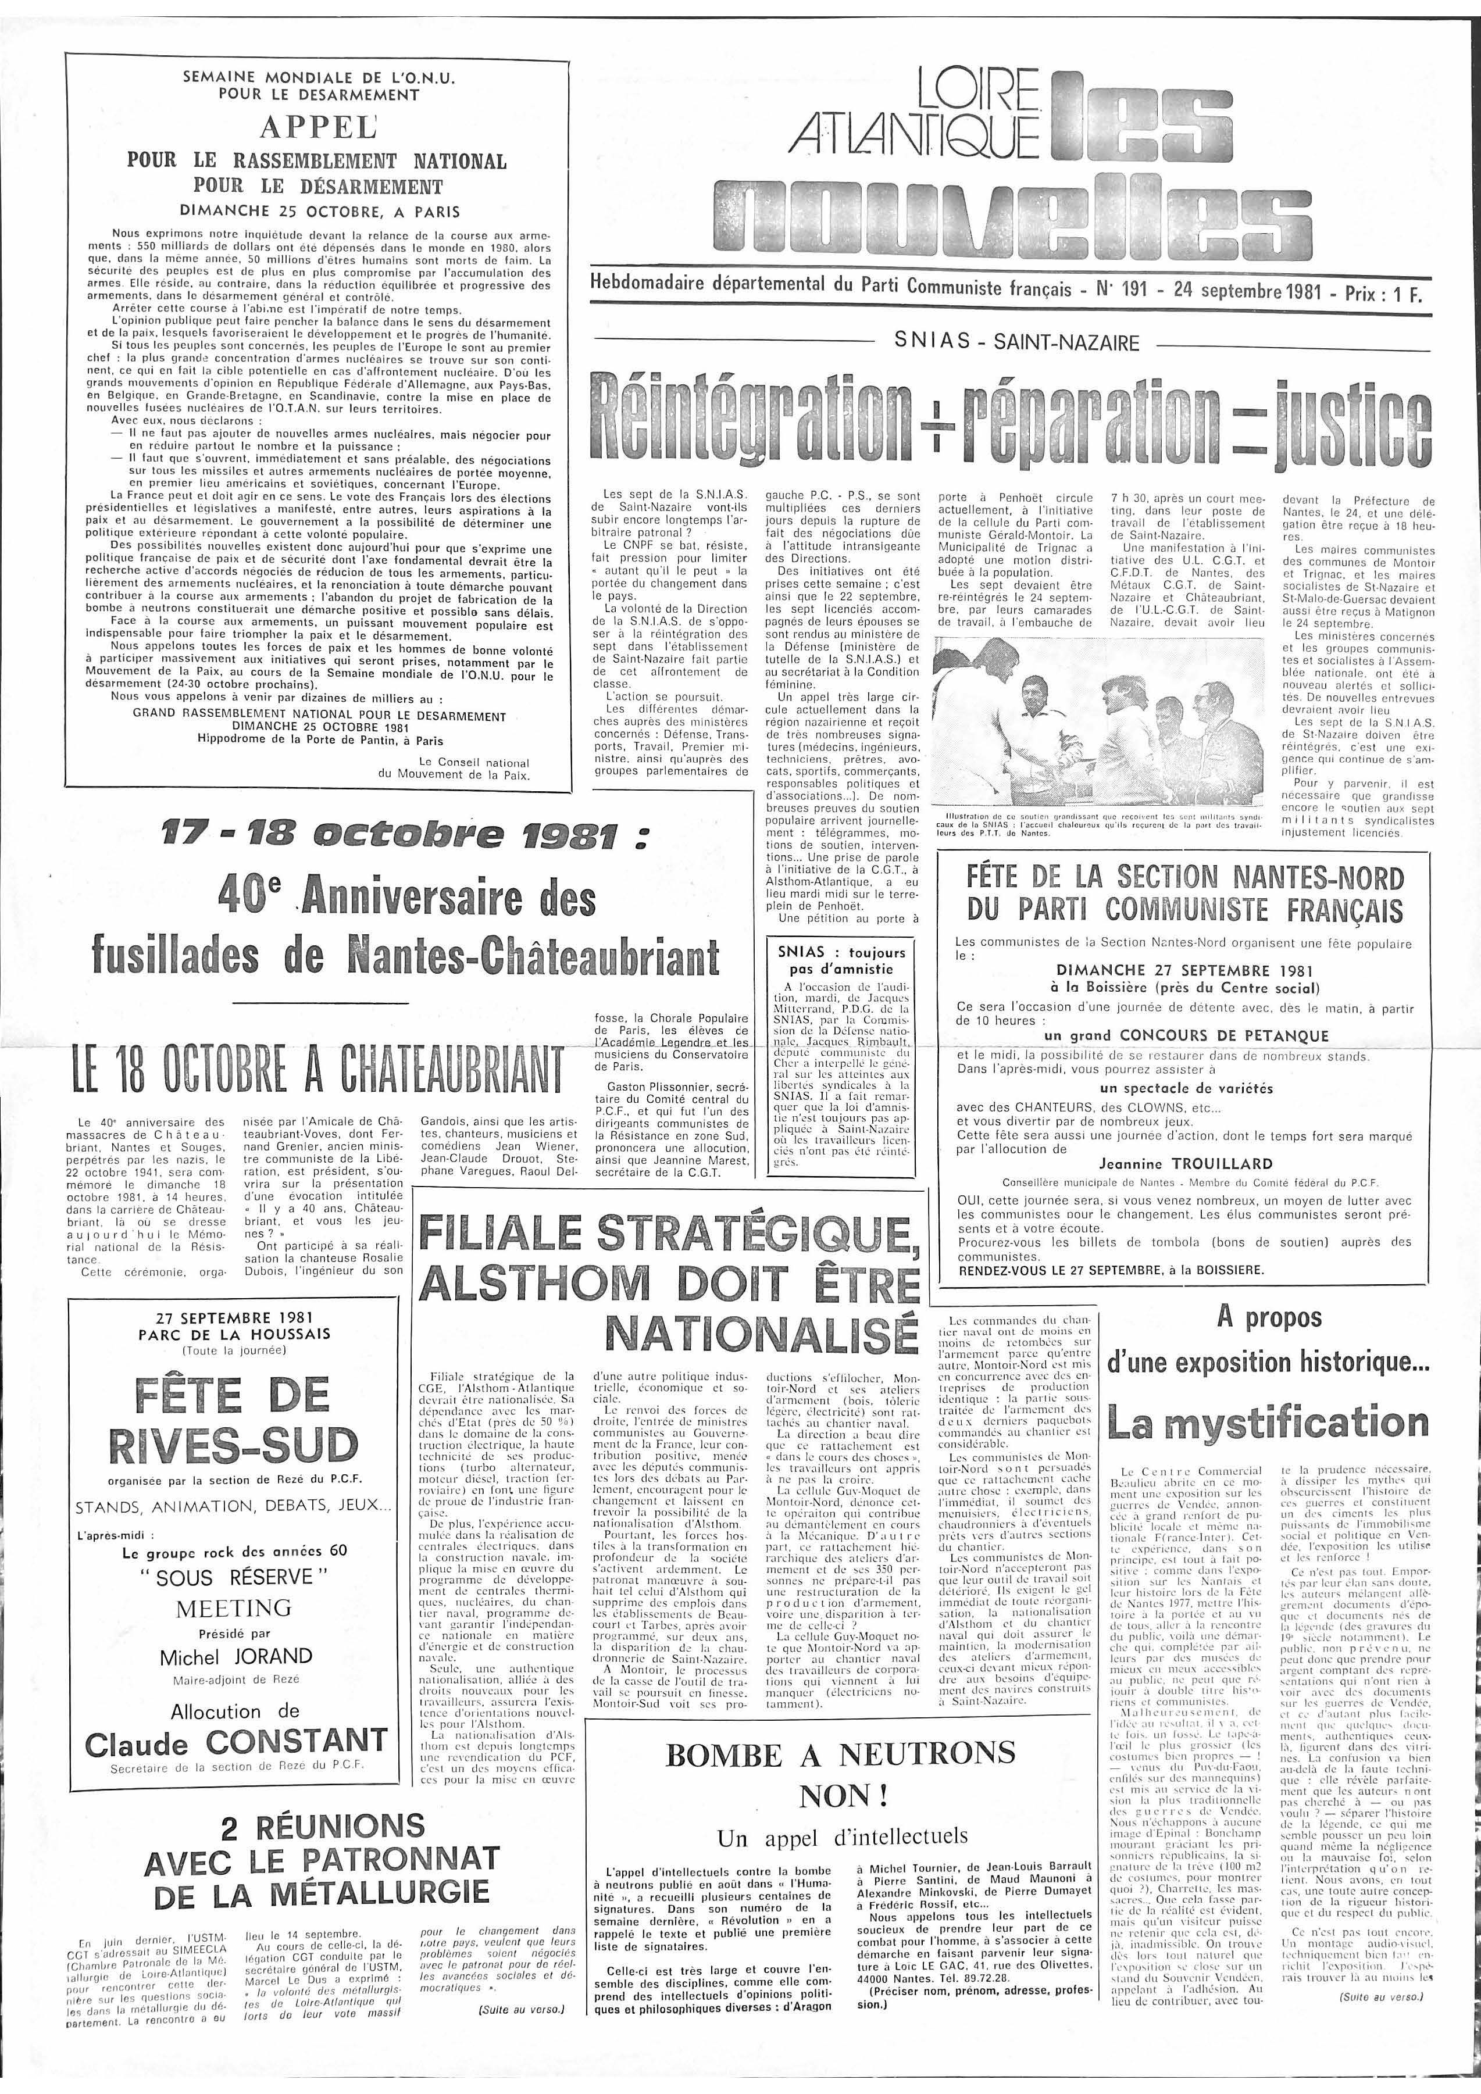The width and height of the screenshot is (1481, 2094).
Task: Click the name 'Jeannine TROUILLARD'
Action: (1173, 1164)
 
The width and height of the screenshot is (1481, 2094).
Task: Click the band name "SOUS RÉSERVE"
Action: (235, 1577)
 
